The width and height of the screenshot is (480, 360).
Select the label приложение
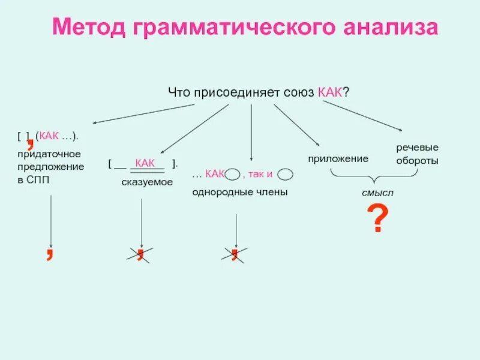[x=338, y=158]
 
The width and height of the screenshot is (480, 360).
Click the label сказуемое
[x=146, y=182]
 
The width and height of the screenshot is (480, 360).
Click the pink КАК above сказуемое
[x=146, y=163]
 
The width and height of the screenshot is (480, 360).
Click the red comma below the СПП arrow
[x=50, y=253]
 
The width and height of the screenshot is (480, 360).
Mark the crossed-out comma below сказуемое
[x=140, y=254]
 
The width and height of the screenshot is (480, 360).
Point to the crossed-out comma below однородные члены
[x=235, y=254]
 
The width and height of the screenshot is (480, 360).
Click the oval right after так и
[x=285, y=175]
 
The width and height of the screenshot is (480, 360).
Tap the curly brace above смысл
[x=373, y=177]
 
